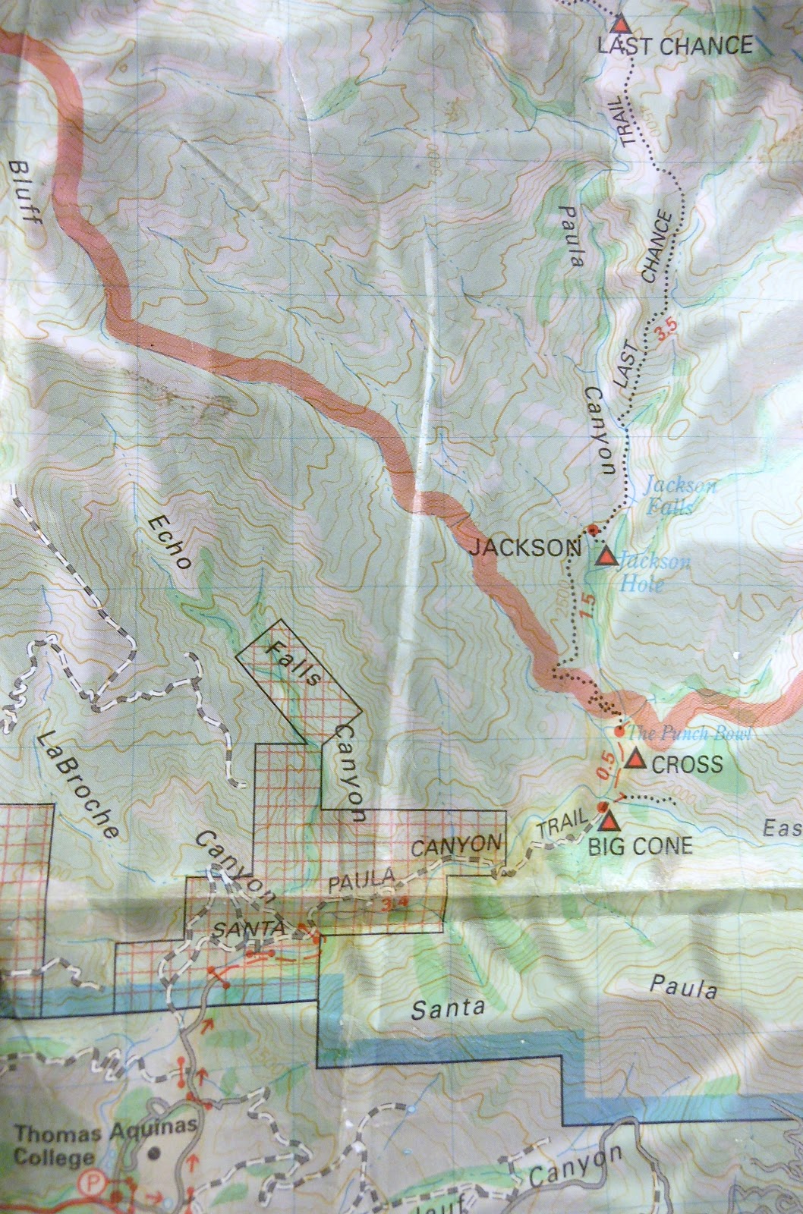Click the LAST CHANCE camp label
675,46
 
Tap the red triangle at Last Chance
622,23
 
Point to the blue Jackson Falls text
670,496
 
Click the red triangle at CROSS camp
634,760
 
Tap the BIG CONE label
641,845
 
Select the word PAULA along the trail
361,881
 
